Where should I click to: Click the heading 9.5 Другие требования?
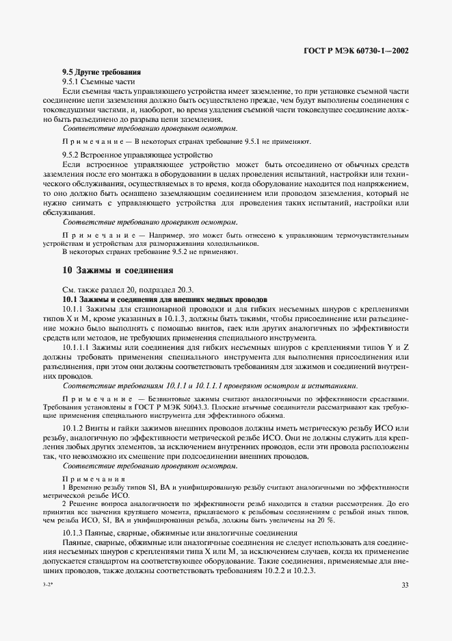click(x=101, y=72)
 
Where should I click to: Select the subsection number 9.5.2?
click(x=73, y=155)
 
